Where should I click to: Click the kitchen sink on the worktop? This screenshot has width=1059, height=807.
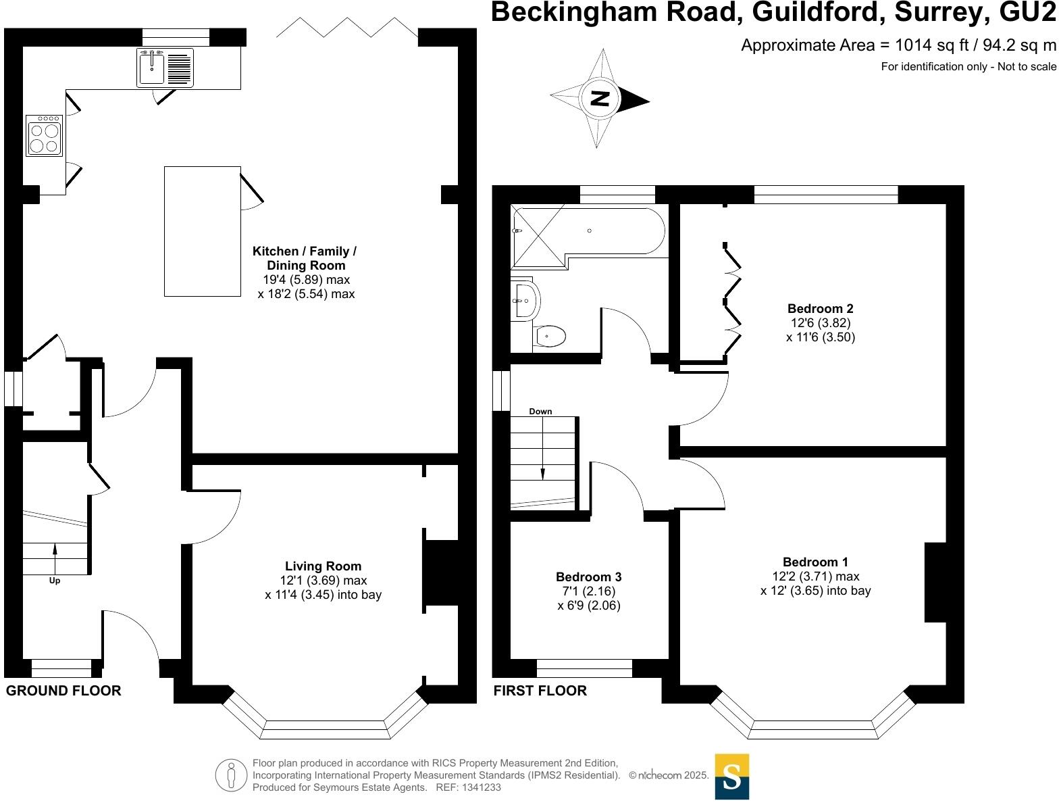click(x=153, y=67)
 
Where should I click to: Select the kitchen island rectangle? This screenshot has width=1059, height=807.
click(x=203, y=231)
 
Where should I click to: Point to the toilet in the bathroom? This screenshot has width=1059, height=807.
click(x=550, y=336)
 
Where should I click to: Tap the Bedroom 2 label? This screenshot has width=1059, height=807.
click(x=820, y=309)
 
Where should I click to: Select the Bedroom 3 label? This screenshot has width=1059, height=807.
click(x=588, y=577)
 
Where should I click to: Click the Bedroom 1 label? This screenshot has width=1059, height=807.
click(x=815, y=562)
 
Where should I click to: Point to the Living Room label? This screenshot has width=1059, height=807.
click(x=323, y=566)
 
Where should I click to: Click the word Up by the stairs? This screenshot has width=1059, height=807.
click(x=55, y=581)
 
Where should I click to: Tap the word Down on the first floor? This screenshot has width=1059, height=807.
click(x=540, y=411)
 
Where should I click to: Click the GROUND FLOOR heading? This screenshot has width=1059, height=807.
click(x=63, y=690)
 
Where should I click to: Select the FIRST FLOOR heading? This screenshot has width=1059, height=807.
click(x=540, y=690)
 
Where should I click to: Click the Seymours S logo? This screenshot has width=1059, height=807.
click(x=731, y=777)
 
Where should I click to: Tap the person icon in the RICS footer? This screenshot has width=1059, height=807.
click(x=232, y=775)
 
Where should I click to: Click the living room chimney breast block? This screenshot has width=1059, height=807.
click(x=441, y=571)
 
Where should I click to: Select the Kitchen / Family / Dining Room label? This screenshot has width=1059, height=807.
click(x=305, y=258)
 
